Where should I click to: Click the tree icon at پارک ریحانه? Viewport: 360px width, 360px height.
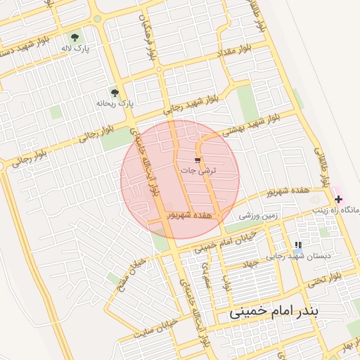(x=115, y=92)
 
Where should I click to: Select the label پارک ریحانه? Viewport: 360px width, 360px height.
(x=115, y=103)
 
